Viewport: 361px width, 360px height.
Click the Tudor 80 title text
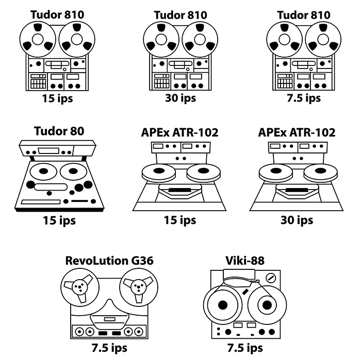tap(59, 131)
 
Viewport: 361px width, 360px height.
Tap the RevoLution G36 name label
tap(109, 261)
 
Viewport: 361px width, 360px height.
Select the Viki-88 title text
tap(245, 261)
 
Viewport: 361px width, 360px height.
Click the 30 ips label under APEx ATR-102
tap(297, 220)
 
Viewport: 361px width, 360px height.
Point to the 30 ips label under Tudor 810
tap(180, 98)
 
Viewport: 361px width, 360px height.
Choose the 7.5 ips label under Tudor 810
tap(304, 98)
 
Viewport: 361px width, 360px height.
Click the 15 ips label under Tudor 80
tap(59, 220)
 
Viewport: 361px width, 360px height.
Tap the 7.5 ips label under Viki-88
tap(245, 348)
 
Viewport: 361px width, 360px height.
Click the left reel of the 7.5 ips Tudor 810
tap(284, 40)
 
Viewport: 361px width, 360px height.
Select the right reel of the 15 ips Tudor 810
tap(77, 40)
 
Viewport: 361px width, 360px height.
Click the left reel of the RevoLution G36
tap(80, 287)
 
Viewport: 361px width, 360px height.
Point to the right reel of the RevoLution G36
tap(139, 287)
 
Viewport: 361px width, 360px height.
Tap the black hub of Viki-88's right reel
tap(267, 305)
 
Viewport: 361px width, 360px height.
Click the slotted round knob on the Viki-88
tap(271, 278)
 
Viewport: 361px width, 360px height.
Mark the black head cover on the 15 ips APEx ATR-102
tap(179, 191)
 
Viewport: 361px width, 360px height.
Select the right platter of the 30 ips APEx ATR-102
tap(320, 173)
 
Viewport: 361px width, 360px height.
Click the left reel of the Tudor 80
tap(43, 172)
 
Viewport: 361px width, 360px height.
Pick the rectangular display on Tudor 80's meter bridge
tap(48, 151)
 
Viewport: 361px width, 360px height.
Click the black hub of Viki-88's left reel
tap(223, 305)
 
